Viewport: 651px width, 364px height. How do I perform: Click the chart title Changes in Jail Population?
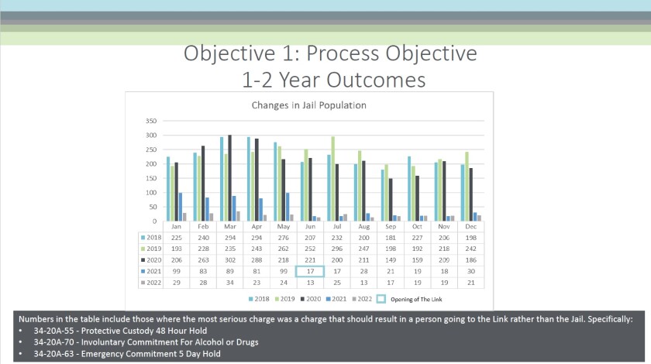[x=308, y=105]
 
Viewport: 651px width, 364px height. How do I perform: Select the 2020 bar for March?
[x=229, y=178]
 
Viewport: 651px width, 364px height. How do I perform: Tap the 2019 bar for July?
[x=312, y=179]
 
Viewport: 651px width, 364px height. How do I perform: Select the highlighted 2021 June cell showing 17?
[x=310, y=272]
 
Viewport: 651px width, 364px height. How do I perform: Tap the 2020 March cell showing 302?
[x=229, y=259]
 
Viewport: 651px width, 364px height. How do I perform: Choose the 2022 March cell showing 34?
[x=229, y=283]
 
